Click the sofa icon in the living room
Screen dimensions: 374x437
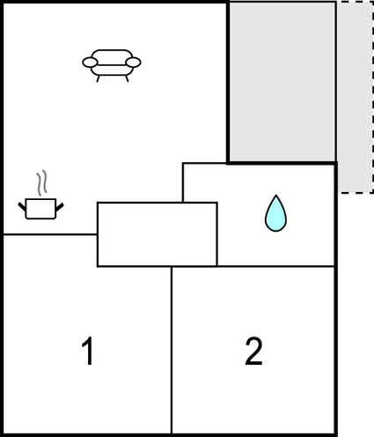coord(112,65)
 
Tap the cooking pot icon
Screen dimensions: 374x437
coord(40,195)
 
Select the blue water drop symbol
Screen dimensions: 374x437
coord(275,213)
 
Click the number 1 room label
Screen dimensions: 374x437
coord(87,351)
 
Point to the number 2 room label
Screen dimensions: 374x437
coord(253,351)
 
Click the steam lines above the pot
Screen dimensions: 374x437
coord(41,182)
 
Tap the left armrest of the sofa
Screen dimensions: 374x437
coord(90,63)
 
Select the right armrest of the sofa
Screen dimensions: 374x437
coord(134,63)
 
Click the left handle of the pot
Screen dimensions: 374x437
coord(22,206)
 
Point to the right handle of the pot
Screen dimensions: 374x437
coord(60,207)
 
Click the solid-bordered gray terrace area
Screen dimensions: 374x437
coord(282,82)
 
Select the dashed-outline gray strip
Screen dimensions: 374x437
coord(356,97)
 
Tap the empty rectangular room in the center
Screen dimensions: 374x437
coord(158,234)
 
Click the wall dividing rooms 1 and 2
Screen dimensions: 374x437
coord(172,350)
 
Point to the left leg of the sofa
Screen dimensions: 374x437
coord(99,78)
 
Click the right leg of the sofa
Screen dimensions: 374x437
coord(127,78)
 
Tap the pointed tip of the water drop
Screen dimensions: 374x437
coord(275,195)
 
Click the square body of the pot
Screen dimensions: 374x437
coord(40,209)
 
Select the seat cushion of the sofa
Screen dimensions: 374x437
coord(112,70)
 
